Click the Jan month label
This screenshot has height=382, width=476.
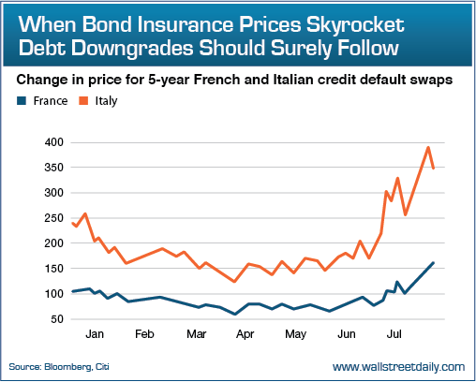tap(94, 334)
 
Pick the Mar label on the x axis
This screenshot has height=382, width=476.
tap(196, 334)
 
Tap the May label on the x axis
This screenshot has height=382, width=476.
tap(296, 334)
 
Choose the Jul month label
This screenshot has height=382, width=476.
tap(394, 334)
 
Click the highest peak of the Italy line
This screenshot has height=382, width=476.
tap(428, 147)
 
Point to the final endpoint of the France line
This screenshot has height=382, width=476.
tap(433, 263)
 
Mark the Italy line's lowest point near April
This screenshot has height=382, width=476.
tap(234, 281)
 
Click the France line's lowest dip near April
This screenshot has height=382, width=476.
tap(235, 314)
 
